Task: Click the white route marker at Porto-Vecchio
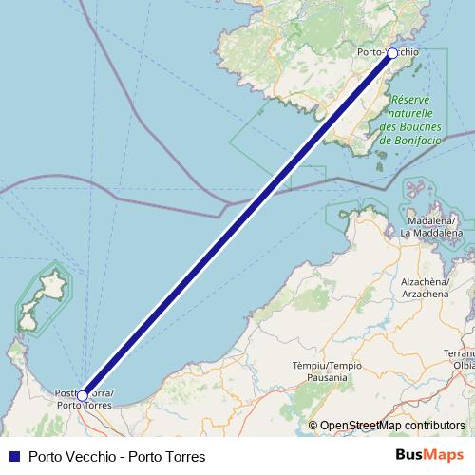tap(392, 53)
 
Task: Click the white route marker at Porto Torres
tap(84, 394)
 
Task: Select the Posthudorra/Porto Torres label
tap(85, 400)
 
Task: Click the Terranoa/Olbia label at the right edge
tap(464, 357)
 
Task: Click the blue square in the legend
tap(13, 457)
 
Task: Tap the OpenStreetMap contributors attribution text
tap(392, 426)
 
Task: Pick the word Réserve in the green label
tap(410, 99)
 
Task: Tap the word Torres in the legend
tap(184, 457)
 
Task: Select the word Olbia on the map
tap(465, 364)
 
